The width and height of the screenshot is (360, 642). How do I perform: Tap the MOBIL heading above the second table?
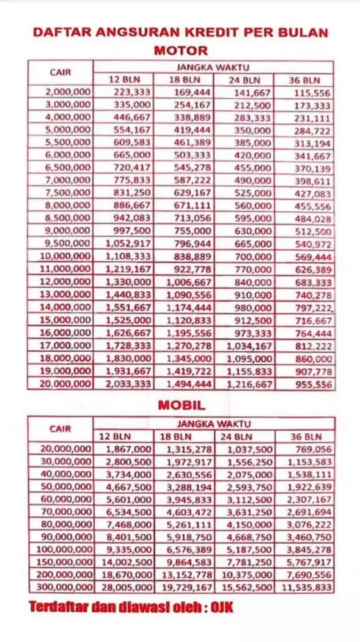click(181, 405)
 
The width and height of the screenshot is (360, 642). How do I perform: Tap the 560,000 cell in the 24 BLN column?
click(252, 205)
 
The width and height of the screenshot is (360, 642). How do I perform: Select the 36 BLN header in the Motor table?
click(304, 80)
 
